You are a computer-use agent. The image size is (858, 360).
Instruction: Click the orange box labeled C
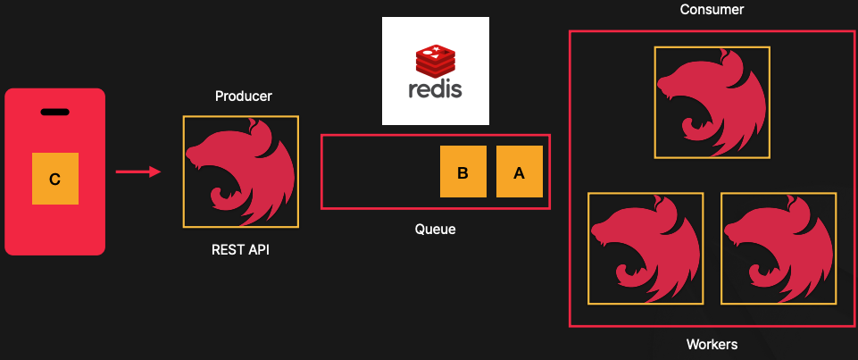[x=54, y=179]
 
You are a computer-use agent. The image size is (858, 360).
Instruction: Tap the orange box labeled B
[x=462, y=172]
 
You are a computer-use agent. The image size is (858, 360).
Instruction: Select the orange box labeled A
[x=520, y=172]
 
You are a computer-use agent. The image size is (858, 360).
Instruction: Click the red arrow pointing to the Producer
[x=138, y=172]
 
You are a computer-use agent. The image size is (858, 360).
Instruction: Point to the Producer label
[x=243, y=96]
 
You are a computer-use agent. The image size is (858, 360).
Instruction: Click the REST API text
[x=238, y=250]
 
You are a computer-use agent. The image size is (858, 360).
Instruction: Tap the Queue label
[x=435, y=230]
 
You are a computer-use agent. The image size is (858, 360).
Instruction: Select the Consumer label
[x=712, y=10]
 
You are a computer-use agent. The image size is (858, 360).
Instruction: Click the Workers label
[x=712, y=344]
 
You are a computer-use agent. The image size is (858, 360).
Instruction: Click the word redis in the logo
[x=435, y=90]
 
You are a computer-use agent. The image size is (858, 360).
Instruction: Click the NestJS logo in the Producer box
[x=241, y=172]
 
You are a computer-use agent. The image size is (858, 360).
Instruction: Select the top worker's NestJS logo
[x=712, y=103]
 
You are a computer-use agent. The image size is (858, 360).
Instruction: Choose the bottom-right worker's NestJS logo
[x=779, y=248]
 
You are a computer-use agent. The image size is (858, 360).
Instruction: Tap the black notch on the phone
[x=54, y=112]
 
